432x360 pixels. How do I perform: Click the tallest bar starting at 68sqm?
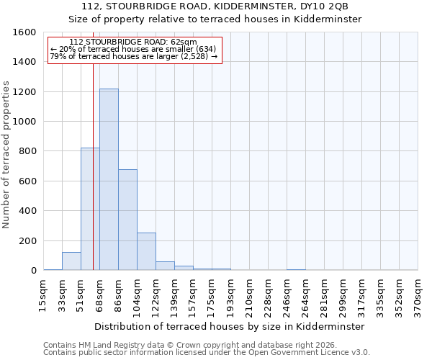109,180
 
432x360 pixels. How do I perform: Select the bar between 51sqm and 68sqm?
90,209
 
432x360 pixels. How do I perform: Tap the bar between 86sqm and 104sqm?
127,220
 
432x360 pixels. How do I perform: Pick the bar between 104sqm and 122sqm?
146,251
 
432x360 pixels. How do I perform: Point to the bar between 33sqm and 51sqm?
71,261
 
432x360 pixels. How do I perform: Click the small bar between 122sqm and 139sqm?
165,266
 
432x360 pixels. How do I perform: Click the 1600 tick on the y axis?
25,32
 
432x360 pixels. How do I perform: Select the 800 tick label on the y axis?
28,151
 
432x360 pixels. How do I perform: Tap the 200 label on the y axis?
28,240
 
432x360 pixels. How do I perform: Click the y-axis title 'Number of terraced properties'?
6,155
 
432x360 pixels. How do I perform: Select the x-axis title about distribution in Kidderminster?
230,326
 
